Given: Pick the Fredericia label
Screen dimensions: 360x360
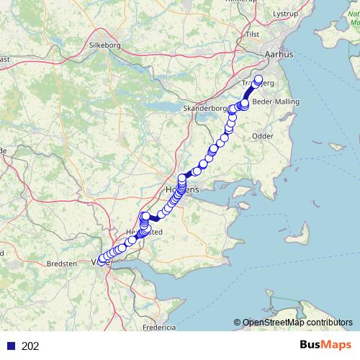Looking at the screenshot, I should click(158, 327).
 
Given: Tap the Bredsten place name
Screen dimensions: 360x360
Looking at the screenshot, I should click(61, 264).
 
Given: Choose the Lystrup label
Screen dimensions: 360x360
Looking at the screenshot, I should click(286, 14).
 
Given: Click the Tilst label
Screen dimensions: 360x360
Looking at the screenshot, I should click(272, 34).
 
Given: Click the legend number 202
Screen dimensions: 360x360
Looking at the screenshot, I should click(31, 346).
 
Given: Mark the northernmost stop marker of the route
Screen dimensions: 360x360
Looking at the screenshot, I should click(258, 80).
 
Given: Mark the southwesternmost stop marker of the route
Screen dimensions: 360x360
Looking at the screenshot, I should click(100, 261).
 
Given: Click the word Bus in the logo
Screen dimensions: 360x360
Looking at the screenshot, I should click(312, 346).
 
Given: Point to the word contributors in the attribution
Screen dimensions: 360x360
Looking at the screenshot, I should click(328, 323).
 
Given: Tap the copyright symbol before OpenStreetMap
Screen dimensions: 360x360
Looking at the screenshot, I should click(237, 323).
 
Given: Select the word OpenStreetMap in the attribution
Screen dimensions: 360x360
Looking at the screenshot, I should click(271, 323).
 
